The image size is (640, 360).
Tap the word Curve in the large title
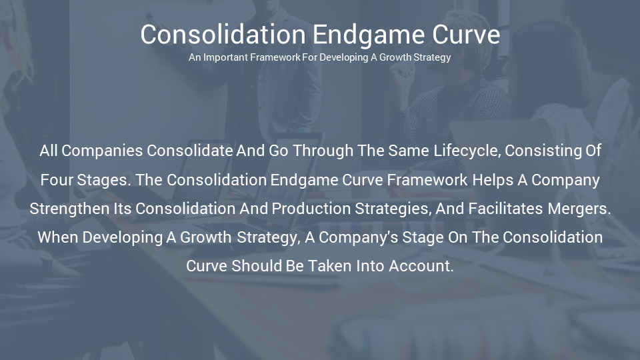(x=466, y=34)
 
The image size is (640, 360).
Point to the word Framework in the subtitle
(x=275, y=57)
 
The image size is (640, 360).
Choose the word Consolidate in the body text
(x=190, y=151)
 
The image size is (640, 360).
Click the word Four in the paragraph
(x=57, y=180)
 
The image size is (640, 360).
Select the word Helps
(x=493, y=180)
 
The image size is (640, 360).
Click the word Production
(x=311, y=209)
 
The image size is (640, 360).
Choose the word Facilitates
(x=505, y=209)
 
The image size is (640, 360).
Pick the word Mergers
(x=579, y=209)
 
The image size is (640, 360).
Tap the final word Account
(x=421, y=266)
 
